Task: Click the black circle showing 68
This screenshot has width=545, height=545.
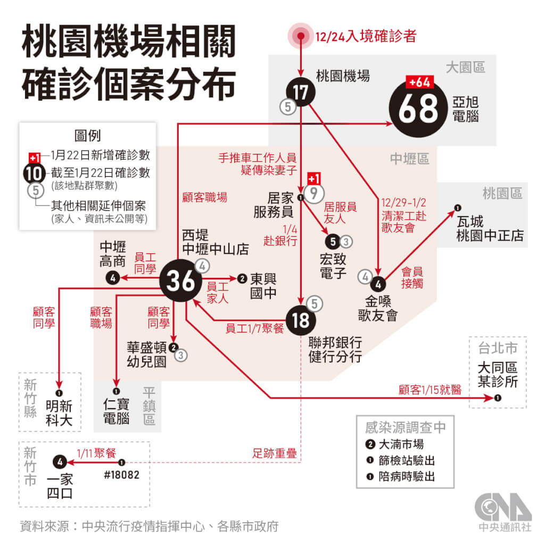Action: pos(418,108)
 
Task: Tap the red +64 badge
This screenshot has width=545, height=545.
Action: pos(419,82)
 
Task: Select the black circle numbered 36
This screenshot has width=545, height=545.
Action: pos(180,280)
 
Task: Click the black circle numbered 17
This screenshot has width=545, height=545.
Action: pos(301,92)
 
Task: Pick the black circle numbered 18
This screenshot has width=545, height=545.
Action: pos(301,320)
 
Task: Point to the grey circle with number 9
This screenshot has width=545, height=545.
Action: pos(314,193)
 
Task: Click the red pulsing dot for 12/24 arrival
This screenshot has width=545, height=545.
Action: pos(301,36)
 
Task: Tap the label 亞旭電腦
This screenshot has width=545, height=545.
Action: pos(465,109)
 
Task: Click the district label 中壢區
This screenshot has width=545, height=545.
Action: pos(409,159)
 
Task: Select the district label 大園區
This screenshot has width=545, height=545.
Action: pos(465,68)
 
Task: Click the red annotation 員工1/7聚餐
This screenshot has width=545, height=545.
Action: pos(255,328)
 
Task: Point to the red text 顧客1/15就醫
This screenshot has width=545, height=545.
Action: pos(430,390)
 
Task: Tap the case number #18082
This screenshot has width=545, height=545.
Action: pos(122,475)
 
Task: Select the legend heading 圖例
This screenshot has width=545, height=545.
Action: pos(88,136)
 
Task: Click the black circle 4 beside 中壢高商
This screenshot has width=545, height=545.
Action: pos(113,278)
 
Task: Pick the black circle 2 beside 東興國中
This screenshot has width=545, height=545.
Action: pos(242,278)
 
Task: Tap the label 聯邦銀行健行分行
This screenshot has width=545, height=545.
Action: pos(335,350)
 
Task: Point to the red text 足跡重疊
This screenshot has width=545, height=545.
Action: pos(274,453)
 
